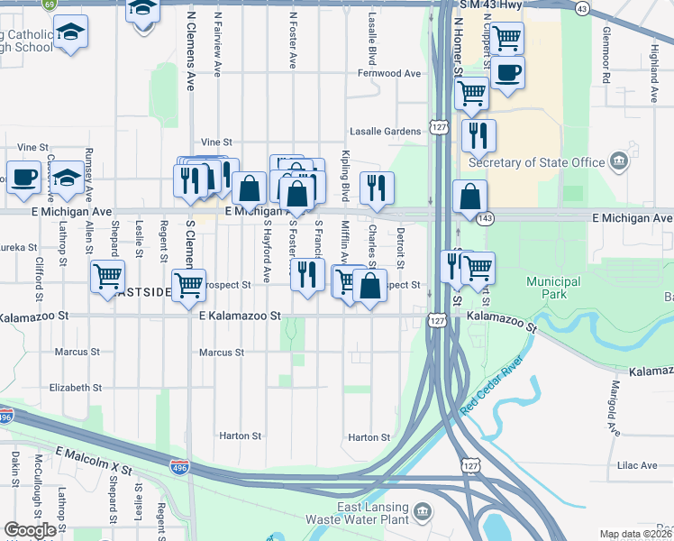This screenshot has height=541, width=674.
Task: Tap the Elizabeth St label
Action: [76, 387]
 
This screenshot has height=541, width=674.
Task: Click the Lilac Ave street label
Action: [638, 465]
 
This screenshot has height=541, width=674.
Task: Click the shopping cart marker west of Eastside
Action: [107, 277]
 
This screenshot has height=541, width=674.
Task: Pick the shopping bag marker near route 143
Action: [470, 197]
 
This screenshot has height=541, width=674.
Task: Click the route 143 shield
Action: [487, 218]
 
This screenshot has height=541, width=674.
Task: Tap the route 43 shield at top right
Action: [583, 9]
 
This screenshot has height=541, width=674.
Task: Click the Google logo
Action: [30, 530]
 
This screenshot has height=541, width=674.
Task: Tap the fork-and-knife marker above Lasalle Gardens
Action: [478, 135]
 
